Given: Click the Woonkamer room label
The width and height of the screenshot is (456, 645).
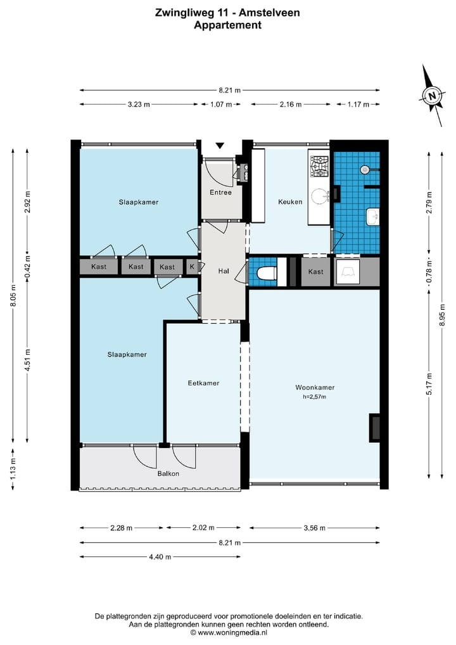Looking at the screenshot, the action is [x=315, y=387].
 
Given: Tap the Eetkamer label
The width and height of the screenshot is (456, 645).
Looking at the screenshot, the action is [x=203, y=383].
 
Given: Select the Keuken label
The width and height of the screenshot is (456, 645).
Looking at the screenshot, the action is [x=290, y=201].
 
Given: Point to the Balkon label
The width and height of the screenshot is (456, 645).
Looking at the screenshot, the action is [x=168, y=473].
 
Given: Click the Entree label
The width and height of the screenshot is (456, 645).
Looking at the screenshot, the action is [x=220, y=192].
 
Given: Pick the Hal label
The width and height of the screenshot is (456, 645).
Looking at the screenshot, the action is [x=224, y=271].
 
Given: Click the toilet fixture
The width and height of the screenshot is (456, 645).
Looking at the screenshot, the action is [x=267, y=272].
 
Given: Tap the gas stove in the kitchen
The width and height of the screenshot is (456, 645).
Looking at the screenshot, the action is [x=319, y=166].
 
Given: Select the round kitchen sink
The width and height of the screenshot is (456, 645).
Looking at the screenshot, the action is [x=319, y=196].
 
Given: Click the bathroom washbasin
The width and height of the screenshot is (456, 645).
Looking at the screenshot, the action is [x=372, y=217].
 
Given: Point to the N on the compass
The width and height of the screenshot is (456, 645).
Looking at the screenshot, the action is [x=432, y=96].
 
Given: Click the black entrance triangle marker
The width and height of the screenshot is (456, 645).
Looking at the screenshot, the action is [x=220, y=146].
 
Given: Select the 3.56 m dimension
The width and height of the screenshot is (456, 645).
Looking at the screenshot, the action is [x=315, y=528].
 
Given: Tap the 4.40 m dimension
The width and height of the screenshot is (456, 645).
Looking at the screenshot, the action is [x=160, y=557].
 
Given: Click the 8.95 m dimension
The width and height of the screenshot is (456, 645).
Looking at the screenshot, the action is [x=443, y=315].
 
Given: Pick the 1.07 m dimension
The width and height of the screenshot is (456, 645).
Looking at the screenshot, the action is [x=221, y=105].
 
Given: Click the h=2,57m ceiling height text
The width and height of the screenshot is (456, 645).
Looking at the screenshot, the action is [x=315, y=397].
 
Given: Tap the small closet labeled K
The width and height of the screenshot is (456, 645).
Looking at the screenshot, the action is [x=192, y=267].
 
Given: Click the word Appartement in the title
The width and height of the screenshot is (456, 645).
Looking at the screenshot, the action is [x=227, y=25].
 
